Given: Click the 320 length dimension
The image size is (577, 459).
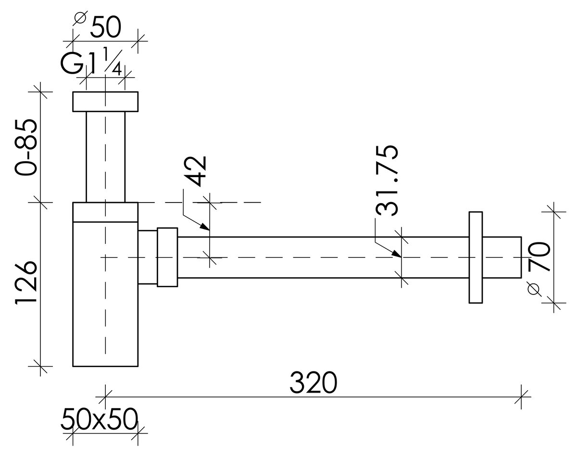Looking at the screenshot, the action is click(x=313, y=382).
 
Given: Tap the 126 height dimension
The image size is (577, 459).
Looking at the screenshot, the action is click(x=26, y=283).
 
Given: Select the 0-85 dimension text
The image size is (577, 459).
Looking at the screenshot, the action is click(x=26, y=147).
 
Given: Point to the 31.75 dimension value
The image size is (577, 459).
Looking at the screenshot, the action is click(x=387, y=181).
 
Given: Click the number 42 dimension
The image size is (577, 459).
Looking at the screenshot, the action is click(x=196, y=171).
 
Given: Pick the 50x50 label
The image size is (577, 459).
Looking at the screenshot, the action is click(x=99, y=419).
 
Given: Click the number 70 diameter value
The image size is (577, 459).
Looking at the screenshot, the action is click(x=539, y=256).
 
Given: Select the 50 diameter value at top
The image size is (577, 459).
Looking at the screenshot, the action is click(x=106, y=27).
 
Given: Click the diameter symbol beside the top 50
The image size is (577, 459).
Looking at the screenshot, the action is click(x=80, y=18).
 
